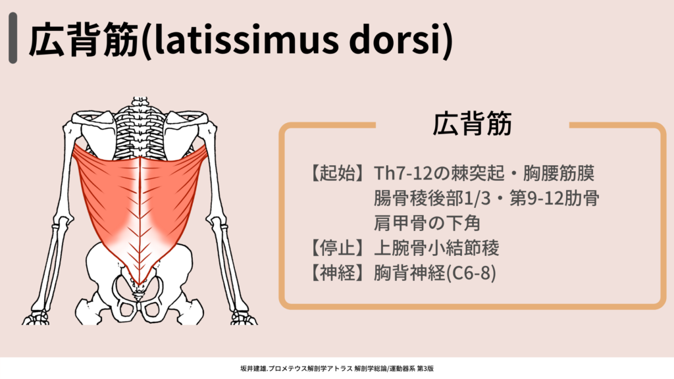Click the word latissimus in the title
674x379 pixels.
tap(245, 39)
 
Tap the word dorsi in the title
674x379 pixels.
tap(396, 39)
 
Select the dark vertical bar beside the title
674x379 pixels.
tap(13, 38)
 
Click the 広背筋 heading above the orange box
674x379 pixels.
tap(472, 124)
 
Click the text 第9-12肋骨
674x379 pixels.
tap(554, 199)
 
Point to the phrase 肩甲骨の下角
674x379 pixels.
tap(427, 223)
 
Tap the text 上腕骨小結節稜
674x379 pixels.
tap(436, 248)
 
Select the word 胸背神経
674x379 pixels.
tap(410, 273)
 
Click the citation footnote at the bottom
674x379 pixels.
tap(337, 368)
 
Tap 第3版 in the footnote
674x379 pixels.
tap(426, 368)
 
